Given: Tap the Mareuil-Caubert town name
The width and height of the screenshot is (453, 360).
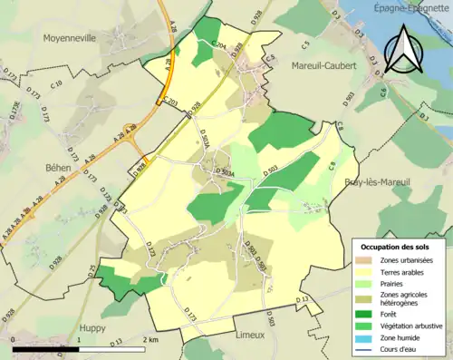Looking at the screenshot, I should tap(323, 65).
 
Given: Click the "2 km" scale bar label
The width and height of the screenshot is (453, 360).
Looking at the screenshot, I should tap(151, 339).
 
